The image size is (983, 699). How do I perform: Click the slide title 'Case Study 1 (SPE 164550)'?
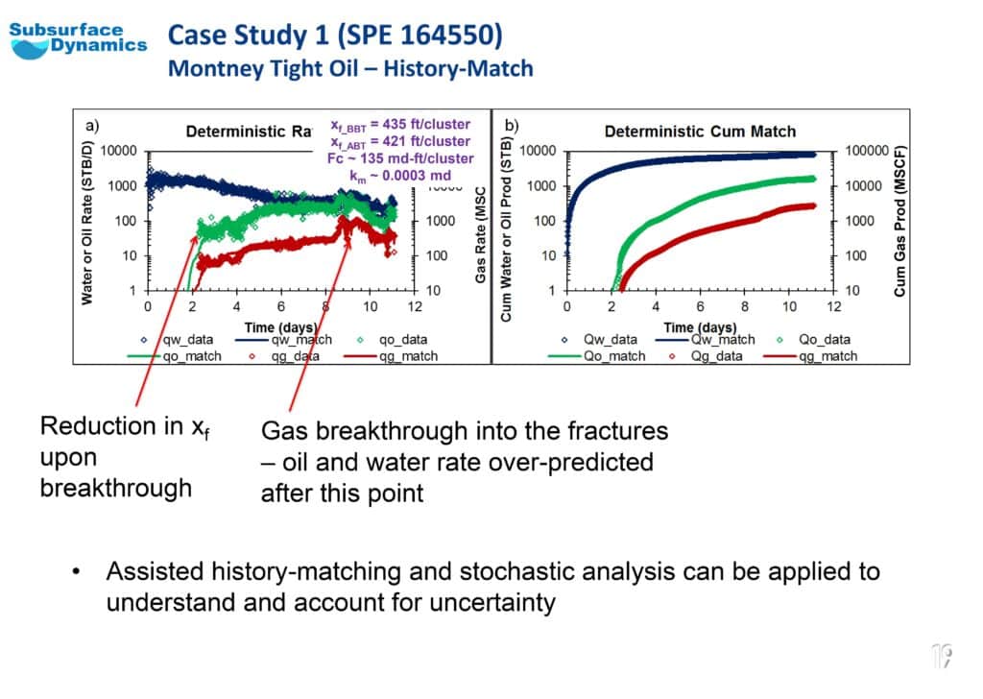[335, 36]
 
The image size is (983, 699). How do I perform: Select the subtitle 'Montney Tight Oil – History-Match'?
[350, 69]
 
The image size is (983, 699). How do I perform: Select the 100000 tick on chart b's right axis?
[867, 152]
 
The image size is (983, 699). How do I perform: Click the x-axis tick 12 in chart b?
[834, 306]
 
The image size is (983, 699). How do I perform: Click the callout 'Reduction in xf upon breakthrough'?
[123, 457]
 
